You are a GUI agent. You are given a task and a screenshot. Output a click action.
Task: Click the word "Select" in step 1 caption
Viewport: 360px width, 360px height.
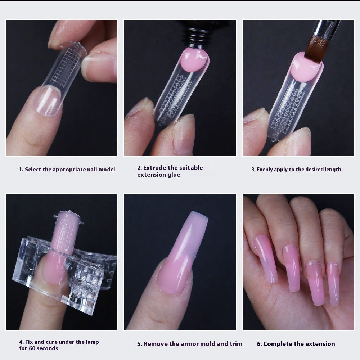click(x=33, y=170)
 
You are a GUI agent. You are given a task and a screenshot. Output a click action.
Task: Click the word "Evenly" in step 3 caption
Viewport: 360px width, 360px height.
click(x=265, y=170)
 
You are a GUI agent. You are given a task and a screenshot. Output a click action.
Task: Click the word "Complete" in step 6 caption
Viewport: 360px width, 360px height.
click(x=278, y=344)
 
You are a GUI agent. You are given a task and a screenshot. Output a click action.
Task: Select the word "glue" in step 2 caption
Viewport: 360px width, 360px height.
click(x=173, y=175)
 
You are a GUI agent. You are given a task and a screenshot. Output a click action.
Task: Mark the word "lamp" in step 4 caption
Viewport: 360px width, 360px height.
click(x=91, y=342)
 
